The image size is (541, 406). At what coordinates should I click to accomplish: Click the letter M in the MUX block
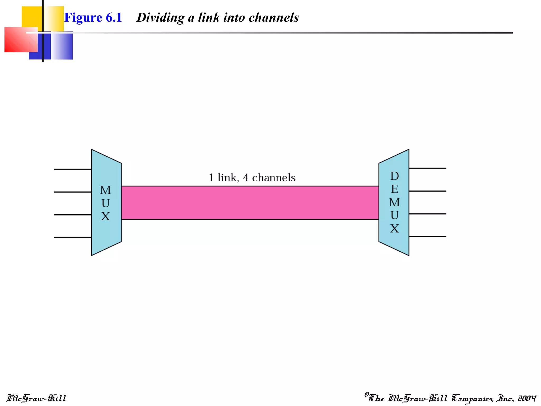pyautogui.click(x=105, y=190)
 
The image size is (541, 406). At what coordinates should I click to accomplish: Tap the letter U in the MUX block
pyautogui.click(x=105, y=203)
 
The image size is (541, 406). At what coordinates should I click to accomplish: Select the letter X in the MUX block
pyautogui.click(x=105, y=216)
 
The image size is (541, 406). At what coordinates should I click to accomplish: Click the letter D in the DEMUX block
pyautogui.click(x=394, y=176)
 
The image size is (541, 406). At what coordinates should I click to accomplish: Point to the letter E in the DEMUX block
pyautogui.click(x=394, y=189)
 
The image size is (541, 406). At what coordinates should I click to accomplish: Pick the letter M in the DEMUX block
pyautogui.click(x=394, y=202)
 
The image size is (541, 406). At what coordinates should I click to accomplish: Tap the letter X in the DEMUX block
pyautogui.click(x=394, y=229)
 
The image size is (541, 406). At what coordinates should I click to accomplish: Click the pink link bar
pyautogui.click(x=250, y=203)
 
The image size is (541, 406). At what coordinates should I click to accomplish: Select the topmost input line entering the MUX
pyautogui.click(x=73, y=169)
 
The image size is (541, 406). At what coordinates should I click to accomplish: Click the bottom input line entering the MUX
pyautogui.click(x=73, y=237)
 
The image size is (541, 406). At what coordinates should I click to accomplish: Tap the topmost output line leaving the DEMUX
pyautogui.click(x=427, y=168)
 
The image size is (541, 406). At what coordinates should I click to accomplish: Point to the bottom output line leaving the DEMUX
pyautogui.click(x=427, y=236)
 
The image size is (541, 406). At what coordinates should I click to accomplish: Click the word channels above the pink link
pyautogui.click(x=274, y=178)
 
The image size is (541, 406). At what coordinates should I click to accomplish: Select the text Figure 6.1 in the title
pyautogui.click(x=93, y=17)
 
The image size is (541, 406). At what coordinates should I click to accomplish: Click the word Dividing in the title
pyautogui.click(x=160, y=17)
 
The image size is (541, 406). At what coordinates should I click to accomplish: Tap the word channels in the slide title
pyautogui.click(x=274, y=17)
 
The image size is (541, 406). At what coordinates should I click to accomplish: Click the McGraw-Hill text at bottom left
pyautogui.click(x=36, y=398)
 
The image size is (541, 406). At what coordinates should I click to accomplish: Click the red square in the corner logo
pyautogui.click(x=18, y=40)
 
